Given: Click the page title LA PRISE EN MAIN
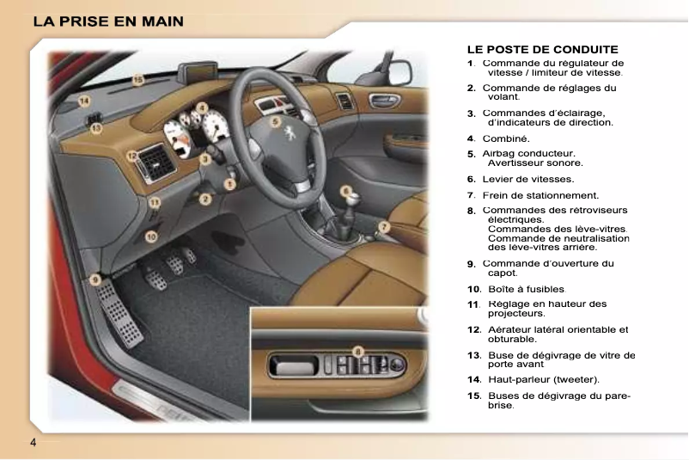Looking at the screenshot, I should [x=109, y=21].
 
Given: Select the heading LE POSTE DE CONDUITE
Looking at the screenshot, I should [x=542, y=50].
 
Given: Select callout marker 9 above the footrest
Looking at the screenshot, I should [x=96, y=279].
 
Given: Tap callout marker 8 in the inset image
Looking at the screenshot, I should [x=358, y=350].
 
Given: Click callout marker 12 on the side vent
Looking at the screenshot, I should [x=132, y=156].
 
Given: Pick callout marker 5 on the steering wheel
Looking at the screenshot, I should [x=275, y=122].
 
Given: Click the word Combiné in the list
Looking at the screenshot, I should [x=506, y=138].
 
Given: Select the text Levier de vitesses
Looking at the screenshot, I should [x=527, y=179].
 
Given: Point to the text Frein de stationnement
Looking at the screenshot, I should [x=540, y=195].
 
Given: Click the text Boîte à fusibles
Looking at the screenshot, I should [x=526, y=289].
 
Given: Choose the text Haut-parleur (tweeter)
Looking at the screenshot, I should [x=544, y=379].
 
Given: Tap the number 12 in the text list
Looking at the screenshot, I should [x=473, y=329].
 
